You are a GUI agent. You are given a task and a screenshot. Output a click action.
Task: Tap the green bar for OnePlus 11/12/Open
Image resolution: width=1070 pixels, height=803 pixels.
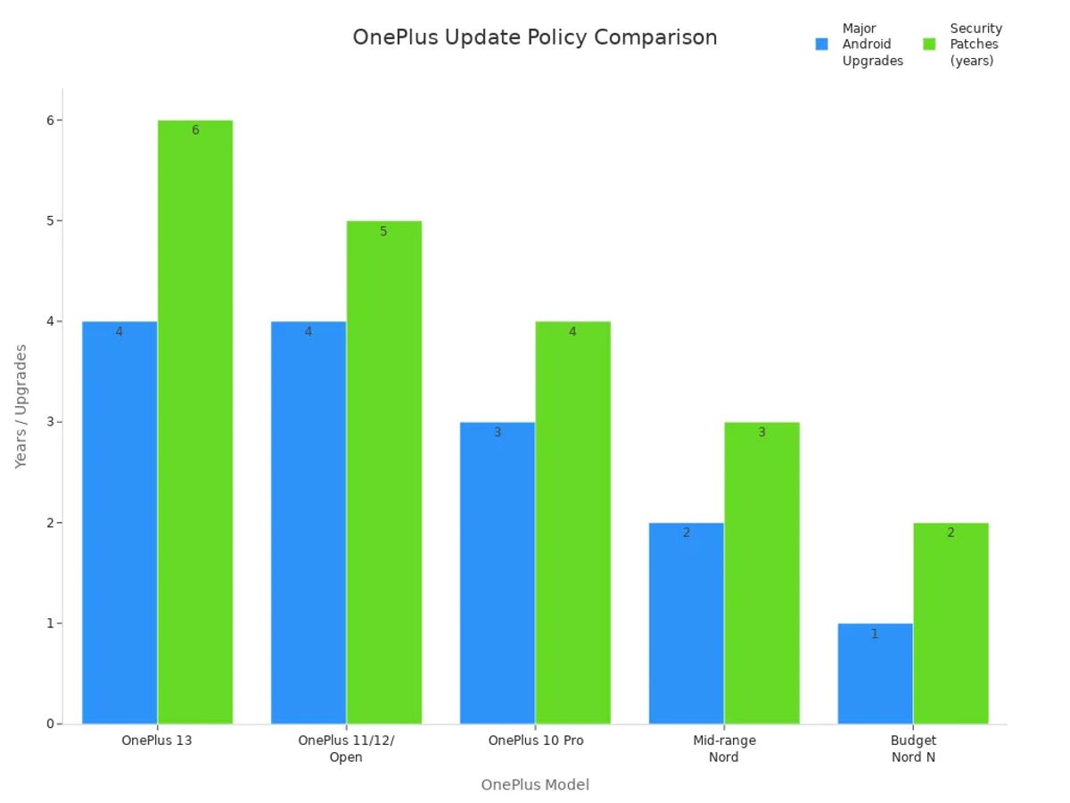(x=383, y=472)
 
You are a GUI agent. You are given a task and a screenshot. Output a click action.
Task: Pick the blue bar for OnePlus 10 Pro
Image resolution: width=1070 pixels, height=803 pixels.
(x=498, y=572)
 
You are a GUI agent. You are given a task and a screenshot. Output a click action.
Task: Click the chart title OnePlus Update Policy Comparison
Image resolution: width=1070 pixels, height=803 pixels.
(x=535, y=37)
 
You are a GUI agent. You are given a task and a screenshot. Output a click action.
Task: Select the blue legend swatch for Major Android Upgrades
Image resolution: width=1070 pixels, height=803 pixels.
(x=822, y=45)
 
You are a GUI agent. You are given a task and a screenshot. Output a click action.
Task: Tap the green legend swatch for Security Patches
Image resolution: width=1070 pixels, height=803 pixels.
(x=929, y=45)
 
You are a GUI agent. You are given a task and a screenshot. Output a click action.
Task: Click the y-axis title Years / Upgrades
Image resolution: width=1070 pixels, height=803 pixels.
(x=21, y=406)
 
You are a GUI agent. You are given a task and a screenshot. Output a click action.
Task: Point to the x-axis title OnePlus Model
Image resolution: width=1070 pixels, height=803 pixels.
(x=535, y=785)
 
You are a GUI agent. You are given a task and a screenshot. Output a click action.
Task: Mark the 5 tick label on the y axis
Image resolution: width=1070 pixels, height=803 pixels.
(x=51, y=220)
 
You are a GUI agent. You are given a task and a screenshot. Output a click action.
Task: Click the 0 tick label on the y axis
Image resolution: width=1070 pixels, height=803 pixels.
(x=51, y=724)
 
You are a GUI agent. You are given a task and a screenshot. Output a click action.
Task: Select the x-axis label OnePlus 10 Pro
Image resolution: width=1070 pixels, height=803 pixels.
(x=536, y=741)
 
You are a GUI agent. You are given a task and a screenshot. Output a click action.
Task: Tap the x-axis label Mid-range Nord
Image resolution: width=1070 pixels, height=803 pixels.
(x=724, y=749)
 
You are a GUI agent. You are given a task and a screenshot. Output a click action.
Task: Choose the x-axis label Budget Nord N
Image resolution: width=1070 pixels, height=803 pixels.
(x=913, y=749)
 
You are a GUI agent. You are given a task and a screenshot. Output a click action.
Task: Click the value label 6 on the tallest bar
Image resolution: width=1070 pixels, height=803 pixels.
(x=195, y=131)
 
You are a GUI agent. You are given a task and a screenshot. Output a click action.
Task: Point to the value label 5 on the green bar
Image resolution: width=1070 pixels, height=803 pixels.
(x=383, y=232)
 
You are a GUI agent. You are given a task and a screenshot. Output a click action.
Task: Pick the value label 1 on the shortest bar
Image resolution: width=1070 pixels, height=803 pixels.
(x=875, y=634)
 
